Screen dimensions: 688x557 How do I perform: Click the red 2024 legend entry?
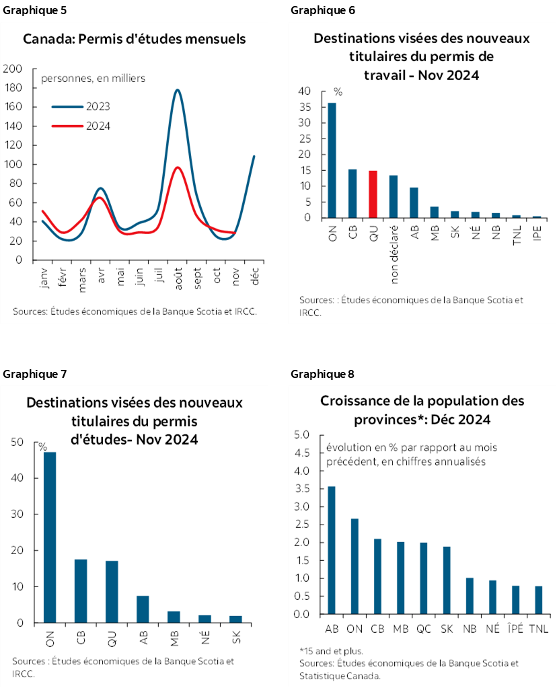[81, 126]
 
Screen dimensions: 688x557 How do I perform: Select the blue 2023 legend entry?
[81, 106]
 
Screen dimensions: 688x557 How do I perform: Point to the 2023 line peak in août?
[178, 90]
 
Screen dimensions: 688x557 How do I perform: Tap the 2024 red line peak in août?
[178, 168]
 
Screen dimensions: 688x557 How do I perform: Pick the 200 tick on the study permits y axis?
[13, 69]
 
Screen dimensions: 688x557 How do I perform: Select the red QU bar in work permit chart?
[373, 194]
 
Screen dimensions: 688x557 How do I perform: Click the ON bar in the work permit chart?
[332, 161]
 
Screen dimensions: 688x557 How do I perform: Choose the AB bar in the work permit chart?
[414, 202]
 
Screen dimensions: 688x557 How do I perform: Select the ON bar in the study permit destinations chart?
[50, 537]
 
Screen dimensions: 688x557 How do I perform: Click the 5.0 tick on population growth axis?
[301, 435]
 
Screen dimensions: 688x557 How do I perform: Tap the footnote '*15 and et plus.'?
[331, 650]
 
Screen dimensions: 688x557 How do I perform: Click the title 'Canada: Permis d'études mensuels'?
[135, 39]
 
